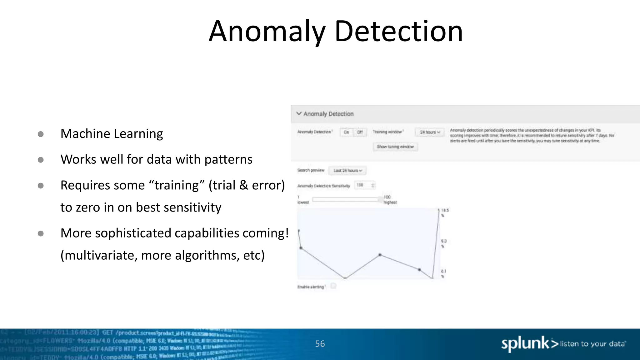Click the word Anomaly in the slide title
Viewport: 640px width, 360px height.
pyautogui.click(x=267, y=32)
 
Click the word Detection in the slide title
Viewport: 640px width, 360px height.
pyautogui.click(x=398, y=32)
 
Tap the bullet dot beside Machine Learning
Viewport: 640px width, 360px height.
pyautogui.click(x=41, y=134)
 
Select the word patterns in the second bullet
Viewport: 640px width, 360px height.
pyautogui.click(x=228, y=160)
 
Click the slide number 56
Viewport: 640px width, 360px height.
pyautogui.click(x=320, y=344)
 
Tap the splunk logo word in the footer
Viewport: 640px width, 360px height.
pyautogui.click(x=525, y=344)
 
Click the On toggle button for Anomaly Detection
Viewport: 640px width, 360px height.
pyautogui.click(x=347, y=132)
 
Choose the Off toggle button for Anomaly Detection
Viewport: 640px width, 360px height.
pyautogui.click(x=360, y=132)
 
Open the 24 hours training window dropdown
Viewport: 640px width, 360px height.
pyautogui.click(x=430, y=132)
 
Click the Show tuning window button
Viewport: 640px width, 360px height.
pyautogui.click(x=395, y=147)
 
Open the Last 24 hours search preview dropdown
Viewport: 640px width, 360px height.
pyautogui.click(x=347, y=171)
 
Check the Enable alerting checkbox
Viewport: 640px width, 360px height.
pyautogui.click(x=333, y=286)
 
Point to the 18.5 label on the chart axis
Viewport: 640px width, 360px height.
pyautogui.click(x=445, y=210)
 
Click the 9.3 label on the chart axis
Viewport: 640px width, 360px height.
pyautogui.click(x=444, y=241)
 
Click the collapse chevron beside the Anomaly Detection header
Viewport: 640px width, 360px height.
pyautogui.click(x=299, y=113)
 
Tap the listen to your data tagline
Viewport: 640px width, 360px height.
pyautogui.click(x=592, y=344)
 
